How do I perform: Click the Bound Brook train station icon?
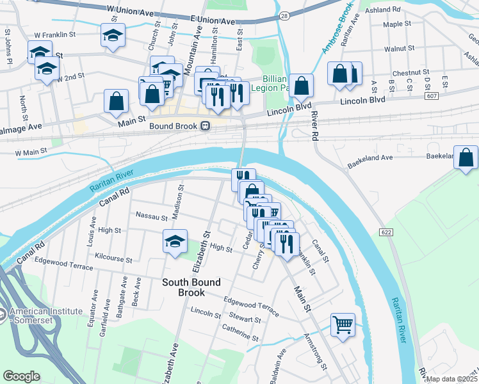click(206, 126)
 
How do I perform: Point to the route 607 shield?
click(430, 96)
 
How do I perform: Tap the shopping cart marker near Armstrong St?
click(343, 324)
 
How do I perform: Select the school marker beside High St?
click(175, 241)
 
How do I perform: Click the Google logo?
click(21, 376)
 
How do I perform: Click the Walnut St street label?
click(400, 49)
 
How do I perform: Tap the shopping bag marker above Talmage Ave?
click(116, 101)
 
